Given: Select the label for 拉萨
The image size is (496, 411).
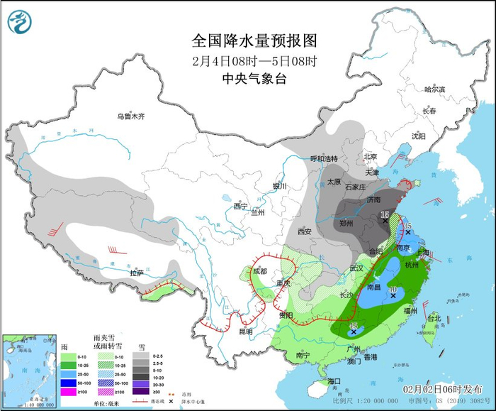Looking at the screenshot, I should coord(137,273).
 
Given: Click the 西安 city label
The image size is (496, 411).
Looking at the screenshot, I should coord(305,231).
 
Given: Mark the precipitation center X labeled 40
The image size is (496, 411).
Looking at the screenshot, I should coord(393,295).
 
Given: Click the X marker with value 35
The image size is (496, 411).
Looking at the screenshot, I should coord(408,232).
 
